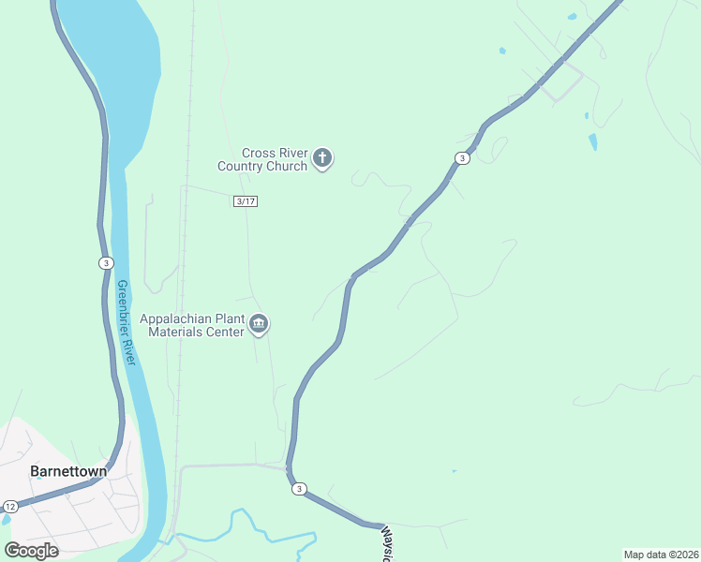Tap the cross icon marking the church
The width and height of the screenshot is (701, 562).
click(322, 158)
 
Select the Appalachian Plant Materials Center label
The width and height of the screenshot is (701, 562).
click(191, 325)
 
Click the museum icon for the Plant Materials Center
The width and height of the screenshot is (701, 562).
click(260, 325)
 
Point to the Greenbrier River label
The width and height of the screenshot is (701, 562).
click(127, 323)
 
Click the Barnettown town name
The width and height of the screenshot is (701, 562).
click(68, 471)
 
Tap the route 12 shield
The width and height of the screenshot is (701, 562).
click(8, 506)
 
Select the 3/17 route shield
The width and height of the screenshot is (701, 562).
click(246, 201)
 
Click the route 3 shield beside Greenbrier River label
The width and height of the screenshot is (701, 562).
click(106, 263)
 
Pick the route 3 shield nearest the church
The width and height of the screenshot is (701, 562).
click(462, 158)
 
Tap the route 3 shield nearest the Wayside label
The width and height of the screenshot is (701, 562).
click(299, 489)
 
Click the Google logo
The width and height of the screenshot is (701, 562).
click(31, 550)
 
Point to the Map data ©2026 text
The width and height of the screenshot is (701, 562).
click(660, 555)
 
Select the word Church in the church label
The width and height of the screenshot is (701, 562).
click(286, 166)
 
